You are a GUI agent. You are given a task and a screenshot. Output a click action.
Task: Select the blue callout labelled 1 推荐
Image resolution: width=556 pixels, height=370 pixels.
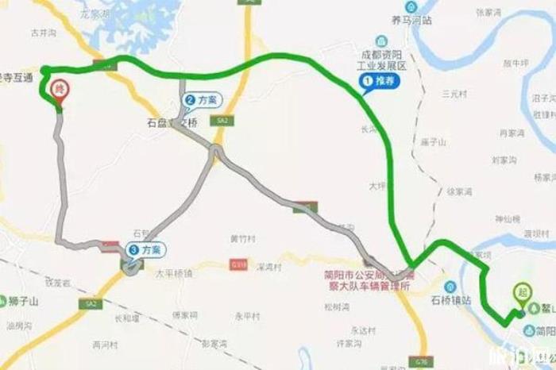(x=378, y=81)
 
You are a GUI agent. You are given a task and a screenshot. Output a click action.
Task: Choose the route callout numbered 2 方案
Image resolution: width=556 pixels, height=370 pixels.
(x=201, y=101)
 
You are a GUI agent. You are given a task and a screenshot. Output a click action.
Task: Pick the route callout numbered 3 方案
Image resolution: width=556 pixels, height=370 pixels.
(x=145, y=249)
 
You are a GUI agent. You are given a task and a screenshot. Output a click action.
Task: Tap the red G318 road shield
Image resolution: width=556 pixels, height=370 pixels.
(x=238, y=264)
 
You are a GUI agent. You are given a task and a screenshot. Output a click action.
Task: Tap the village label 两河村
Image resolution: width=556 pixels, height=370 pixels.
(x=105, y=345)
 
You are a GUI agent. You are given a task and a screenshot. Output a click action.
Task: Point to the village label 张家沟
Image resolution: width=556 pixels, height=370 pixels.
(x=488, y=13)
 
